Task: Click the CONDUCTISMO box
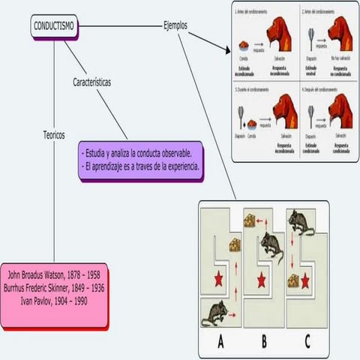[55, 26]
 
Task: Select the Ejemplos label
[175, 25]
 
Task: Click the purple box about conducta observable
[141, 160]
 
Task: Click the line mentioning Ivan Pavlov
[55, 300]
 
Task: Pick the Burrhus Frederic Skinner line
[55, 288]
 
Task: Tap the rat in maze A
[215, 311]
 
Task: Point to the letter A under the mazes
[221, 342]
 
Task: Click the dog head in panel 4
[340, 110]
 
